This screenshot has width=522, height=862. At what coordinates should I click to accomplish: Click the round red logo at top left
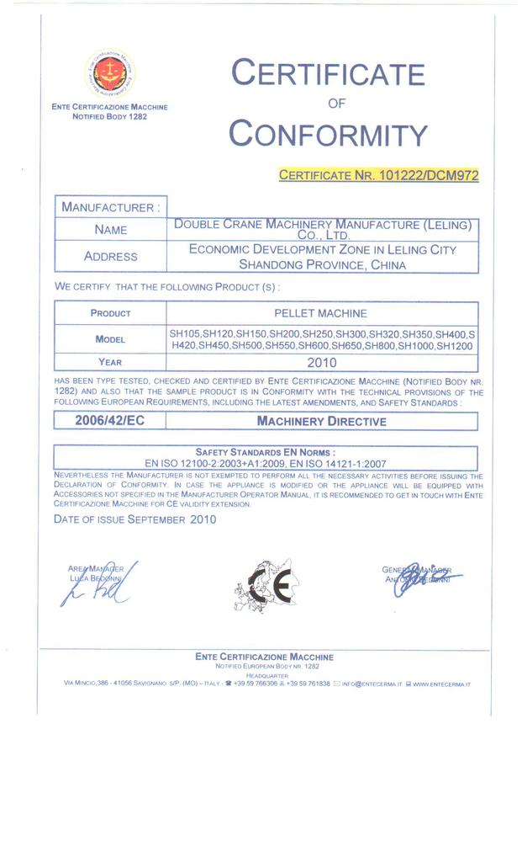pyautogui.click(x=110, y=73)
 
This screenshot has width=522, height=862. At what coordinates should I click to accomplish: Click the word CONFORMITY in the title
pyautogui.click(x=328, y=135)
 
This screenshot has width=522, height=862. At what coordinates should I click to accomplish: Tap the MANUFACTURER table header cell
pyautogui.click(x=108, y=206)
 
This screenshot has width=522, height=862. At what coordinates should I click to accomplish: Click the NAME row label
pyautogui.click(x=110, y=229)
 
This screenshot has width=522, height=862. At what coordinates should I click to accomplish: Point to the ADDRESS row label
pyautogui.click(x=110, y=256)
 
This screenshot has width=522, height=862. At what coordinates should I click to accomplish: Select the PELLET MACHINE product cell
pyautogui.click(x=320, y=313)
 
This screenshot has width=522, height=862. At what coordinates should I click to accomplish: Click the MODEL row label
pyautogui.click(x=110, y=339)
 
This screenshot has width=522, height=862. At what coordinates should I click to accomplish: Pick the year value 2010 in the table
pyautogui.click(x=321, y=363)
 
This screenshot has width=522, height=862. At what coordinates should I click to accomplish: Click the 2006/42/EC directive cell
pyautogui.click(x=109, y=421)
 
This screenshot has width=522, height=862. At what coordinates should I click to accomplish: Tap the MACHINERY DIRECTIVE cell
pyautogui.click(x=321, y=421)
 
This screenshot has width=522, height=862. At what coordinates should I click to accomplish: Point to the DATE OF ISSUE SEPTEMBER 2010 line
pyautogui.click(x=134, y=519)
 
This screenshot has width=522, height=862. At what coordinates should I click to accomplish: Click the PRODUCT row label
pyautogui.click(x=110, y=313)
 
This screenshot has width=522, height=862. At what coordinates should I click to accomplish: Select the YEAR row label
pyautogui.click(x=110, y=363)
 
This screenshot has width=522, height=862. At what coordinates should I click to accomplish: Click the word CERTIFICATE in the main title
pyautogui.click(x=328, y=74)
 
